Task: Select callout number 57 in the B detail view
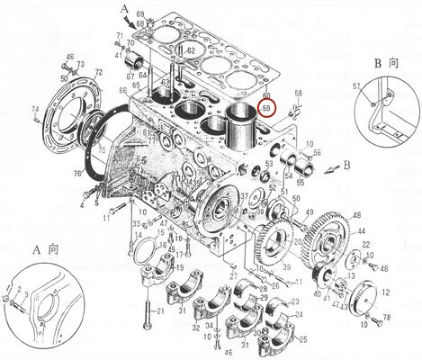point(356,85)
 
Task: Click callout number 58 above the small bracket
point(299,94)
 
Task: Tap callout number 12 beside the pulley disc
point(386,293)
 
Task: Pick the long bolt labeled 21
point(145,306)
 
